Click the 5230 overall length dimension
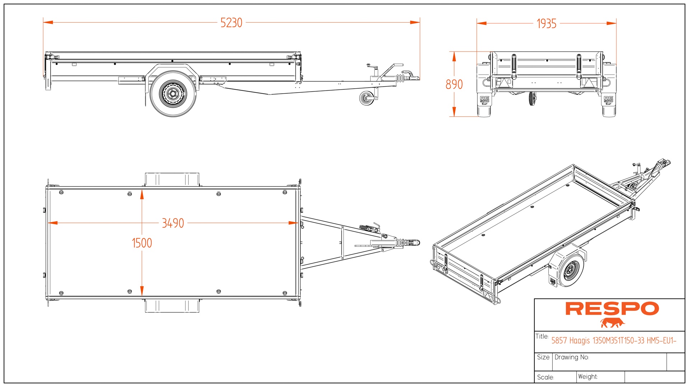pyautogui.click(x=231, y=23)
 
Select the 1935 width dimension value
pyautogui.click(x=546, y=24)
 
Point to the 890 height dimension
pyautogui.click(x=454, y=85)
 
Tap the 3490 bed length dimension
pyautogui.click(x=173, y=223)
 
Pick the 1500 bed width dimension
pyautogui.click(x=142, y=243)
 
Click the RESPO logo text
pyautogui.click(x=612, y=309)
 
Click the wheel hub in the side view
pyautogui.click(x=173, y=94)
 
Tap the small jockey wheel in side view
pyautogui.click(x=366, y=98)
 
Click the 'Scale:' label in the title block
pyautogui.click(x=545, y=377)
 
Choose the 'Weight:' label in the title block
pyautogui.click(x=588, y=377)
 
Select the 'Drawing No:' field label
pyautogui.click(x=572, y=357)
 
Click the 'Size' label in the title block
pyautogui.click(x=543, y=357)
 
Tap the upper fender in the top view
pyautogui.click(x=172, y=179)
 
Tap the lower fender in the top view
pyautogui.click(x=172, y=306)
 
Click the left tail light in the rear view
pyautogui.click(x=504, y=83)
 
